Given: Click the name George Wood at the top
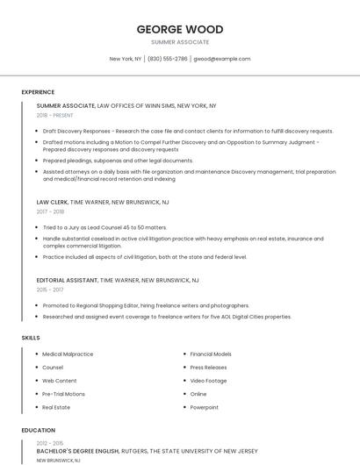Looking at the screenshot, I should click(x=179, y=29).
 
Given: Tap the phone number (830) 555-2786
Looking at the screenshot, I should click(x=167, y=59).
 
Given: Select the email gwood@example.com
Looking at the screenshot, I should click(x=222, y=59).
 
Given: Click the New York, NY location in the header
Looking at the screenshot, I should click(x=126, y=59).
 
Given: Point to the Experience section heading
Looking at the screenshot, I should click(x=38, y=92).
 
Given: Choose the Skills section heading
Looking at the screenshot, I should click(x=31, y=338).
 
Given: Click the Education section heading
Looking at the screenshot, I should click(x=38, y=431).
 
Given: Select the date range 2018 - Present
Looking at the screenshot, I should click(x=54, y=115).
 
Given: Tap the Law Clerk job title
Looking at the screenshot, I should click(x=51, y=202).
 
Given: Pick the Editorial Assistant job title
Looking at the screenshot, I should click(x=67, y=280).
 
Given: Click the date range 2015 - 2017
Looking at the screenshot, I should click(x=50, y=290).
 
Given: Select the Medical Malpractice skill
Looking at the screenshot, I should click(x=68, y=354).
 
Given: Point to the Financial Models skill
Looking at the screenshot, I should click(x=211, y=354).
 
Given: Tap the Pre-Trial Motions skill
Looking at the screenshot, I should click(x=63, y=394).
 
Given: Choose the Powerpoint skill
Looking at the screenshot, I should click(x=205, y=407).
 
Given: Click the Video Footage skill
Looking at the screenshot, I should click(x=208, y=381).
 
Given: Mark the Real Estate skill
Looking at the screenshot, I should click(x=56, y=407).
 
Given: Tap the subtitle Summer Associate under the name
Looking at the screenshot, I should click(x=179, y=42).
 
